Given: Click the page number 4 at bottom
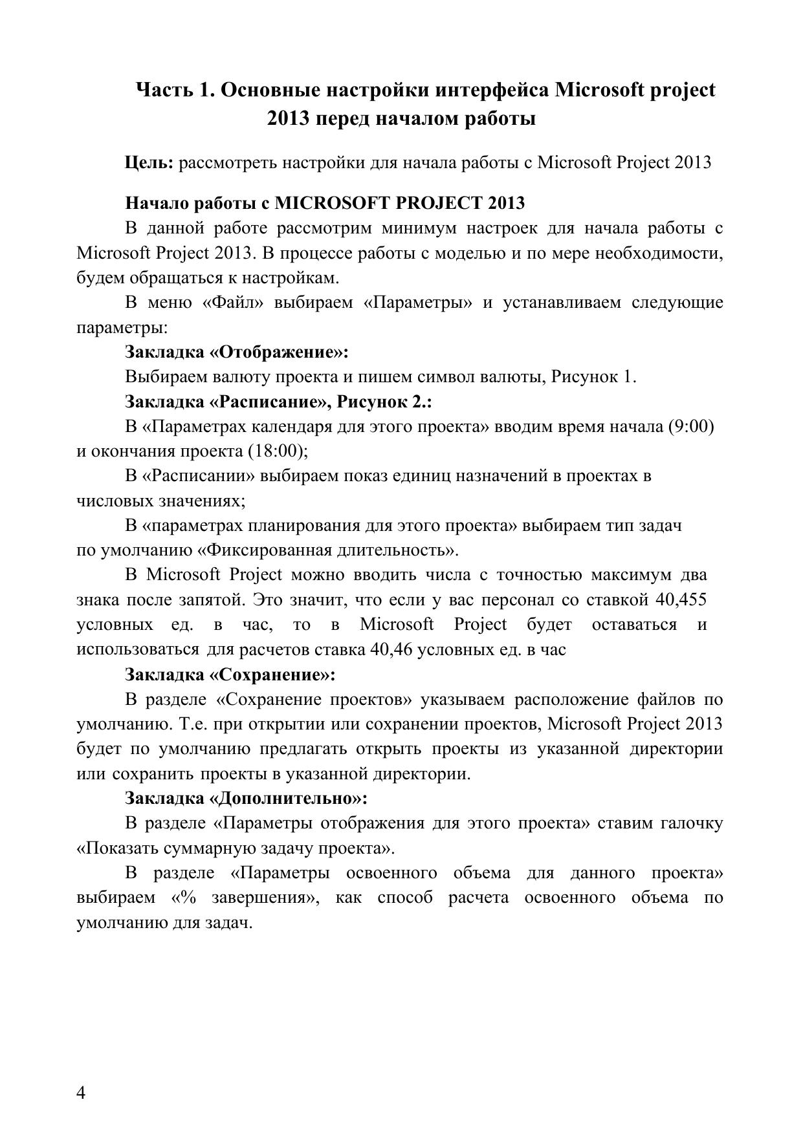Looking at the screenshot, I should tap(82, 1092).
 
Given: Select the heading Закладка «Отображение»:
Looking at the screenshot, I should tap(237, 352).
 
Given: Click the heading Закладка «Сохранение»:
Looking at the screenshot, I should tap(230, 675).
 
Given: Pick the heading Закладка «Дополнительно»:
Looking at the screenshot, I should tap(246, 799).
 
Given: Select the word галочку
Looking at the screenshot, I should tap(691, 823).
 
